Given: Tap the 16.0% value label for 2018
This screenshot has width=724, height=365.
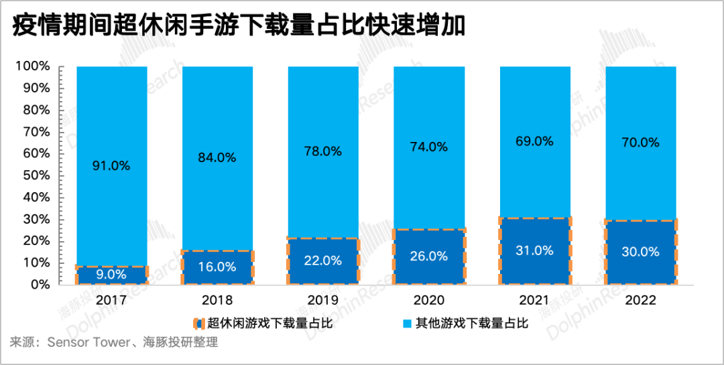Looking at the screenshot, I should coord(217,267).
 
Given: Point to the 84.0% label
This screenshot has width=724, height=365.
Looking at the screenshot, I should coord(217,158).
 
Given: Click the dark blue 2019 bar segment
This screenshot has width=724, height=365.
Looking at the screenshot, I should coord(323,261).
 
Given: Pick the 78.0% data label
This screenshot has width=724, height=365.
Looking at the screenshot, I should coord(323,151).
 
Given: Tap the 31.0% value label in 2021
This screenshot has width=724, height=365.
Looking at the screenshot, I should coord(534,250).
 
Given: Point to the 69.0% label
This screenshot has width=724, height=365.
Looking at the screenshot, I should coord(534,141).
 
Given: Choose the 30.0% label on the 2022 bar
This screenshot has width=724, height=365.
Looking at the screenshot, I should coord(640,252).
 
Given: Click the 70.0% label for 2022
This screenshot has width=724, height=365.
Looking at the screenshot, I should coord(640,143).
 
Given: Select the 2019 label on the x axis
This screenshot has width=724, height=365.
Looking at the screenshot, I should coord(323,301).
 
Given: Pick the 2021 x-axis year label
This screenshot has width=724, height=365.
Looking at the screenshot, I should coord(534,301).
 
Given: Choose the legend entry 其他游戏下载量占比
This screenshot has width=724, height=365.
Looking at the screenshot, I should coord(472,324).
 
